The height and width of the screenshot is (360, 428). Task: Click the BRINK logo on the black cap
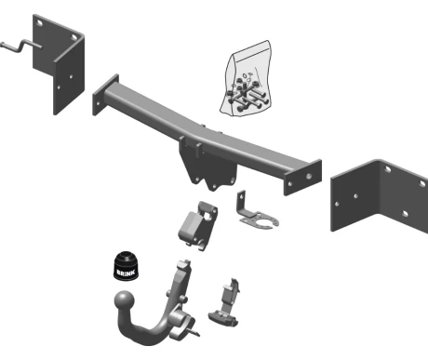click(126, 273)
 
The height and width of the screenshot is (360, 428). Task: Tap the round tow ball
click(125, 300)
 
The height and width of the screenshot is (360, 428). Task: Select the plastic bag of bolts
click(247, 79)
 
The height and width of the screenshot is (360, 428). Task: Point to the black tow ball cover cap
click(127, 267)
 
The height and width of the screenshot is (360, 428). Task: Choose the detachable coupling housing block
click(197, 225)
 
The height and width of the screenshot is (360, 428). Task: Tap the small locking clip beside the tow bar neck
click(225, 304)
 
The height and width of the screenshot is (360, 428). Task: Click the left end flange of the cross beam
click(105, 95)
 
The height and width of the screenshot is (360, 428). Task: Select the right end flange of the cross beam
click(302, 178)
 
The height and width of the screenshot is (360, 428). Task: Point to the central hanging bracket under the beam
click(207, 166)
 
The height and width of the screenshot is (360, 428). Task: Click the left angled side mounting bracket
click(59, 64)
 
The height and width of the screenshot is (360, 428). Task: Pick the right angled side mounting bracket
click(380, 195)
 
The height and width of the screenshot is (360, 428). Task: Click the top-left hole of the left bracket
click(40, 23)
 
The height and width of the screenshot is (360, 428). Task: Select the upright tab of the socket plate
click(241, 202)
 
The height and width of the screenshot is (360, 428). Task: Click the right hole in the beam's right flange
click(309, 176)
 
